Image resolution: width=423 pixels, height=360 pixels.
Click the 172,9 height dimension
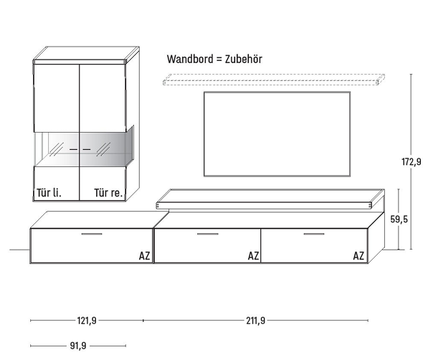pyautogui.click(x=411, y=161)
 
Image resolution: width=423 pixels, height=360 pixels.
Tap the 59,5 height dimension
pyautogui.click(x=399, y=219)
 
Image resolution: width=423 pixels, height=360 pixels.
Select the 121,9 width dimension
pyautogui.click(x=87, y=321)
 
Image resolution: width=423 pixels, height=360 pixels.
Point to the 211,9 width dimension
pyautogui.click(x=255, y=321)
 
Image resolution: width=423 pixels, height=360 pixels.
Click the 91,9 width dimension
pyautogui.click(x=78, y=346)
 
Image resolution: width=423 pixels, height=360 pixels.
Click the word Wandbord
pyautogui.click(x=190, y=59)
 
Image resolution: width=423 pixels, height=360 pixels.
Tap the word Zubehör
pyautogui.click(x=244, y=59)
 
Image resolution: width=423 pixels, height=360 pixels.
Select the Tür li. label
pyautogui.click(x=49, y=193)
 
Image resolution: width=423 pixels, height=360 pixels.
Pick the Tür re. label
pyautogui.click(x=108, y=193)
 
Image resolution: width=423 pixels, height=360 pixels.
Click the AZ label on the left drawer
pyautogui.click(x=144, y=255)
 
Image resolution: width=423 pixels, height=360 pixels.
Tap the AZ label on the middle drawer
pyautogui.click(x=253, y=255)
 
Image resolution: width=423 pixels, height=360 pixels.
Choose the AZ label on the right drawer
pyautogui.click(x=358, y=255)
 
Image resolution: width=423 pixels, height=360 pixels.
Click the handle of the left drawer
pyautogui.click(x=92, y=234)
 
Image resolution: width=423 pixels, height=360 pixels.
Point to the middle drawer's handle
pyautogui.click(x=208, y=234)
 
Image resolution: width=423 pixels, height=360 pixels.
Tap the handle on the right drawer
pyautogui.click(x=314, y=234)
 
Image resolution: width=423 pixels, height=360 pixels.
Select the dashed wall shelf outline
pyautogui.click(x=274, y=75)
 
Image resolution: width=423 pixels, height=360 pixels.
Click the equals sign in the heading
pyautogui.click(x=219, y=60)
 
